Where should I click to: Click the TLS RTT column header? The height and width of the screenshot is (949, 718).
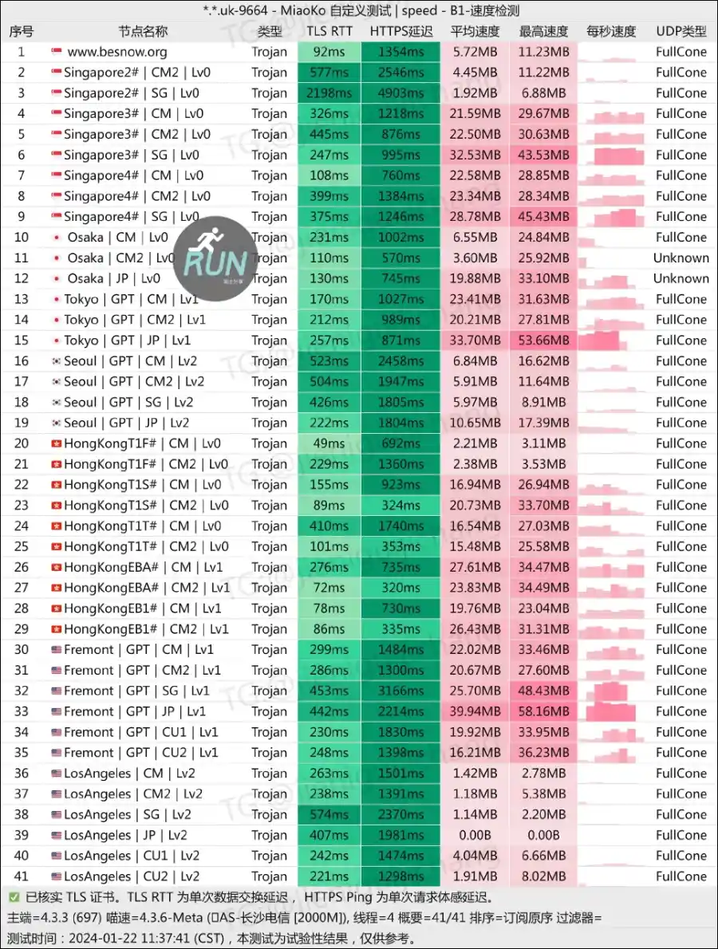pyautogui.click(x=329, y=32)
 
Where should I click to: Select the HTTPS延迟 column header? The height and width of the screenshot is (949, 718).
pyautogui.click(x=400, y=32)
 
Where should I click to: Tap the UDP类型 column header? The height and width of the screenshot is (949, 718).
pyautogui.click(x=681, y=32)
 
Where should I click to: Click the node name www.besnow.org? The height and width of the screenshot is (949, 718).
pyautogui.click(x=117, y=52)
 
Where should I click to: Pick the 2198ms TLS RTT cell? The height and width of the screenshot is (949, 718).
pyautogui.click(x=329, y=93)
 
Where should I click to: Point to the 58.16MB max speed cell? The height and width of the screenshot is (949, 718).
pyautogui.click(x=544, y=711)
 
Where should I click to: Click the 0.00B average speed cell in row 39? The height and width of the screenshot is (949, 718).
pyautogui.click(x=475, y=835)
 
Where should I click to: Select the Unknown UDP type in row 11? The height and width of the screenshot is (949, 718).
pyautogui.click(x=681, y=258)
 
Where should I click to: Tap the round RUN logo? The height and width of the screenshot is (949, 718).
pyautogui.click(x=211, y=257)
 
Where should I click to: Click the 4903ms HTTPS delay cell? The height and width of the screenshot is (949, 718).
pyautogui.click(x=400, y=93)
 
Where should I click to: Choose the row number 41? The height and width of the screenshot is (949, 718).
pyautogui.click(x=22, y=876)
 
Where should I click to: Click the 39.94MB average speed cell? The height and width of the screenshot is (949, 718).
pyautogui.click(x=475, y=711)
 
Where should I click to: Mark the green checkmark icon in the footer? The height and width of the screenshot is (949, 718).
pyautogui.click(x=14, y=897)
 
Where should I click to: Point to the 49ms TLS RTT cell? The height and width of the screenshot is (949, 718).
pyautogui.click(x=329, y=443)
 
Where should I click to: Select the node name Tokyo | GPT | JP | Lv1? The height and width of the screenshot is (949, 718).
pyautogui.click(x=127, y=341)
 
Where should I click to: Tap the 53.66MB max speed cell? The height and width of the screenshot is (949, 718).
pyautogui.click(x=544, y=341)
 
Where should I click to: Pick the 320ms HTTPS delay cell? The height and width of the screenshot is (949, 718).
pyautogui.click(x=400, y=588)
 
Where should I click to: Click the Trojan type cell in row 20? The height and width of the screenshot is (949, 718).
pyautogui.click(x=269, y=443)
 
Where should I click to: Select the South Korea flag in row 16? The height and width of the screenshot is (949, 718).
pyautogui.click(x=56, y=361)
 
